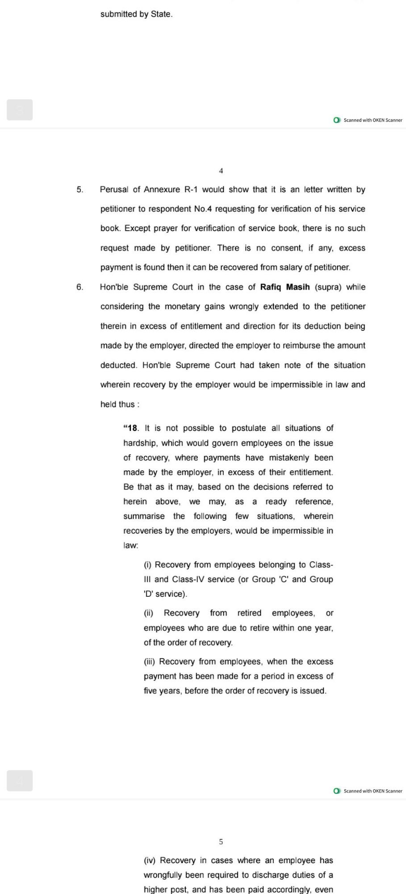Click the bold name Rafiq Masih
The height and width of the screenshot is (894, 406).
285,287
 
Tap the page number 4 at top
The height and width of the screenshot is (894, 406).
221,171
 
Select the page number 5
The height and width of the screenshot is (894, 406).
221,842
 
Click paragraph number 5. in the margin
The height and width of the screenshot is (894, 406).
80,190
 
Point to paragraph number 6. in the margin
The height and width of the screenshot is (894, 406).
80,287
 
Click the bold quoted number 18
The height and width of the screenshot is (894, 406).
132,428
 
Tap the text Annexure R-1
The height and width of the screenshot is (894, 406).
171,190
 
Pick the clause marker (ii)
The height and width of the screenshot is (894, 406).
148,613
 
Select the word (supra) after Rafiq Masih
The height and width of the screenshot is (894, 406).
328,287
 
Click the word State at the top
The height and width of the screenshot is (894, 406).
161,14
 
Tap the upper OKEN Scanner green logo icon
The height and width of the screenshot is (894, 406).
337,120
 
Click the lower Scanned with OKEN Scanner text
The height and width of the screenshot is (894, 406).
373,791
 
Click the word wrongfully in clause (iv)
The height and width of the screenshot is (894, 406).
164,875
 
